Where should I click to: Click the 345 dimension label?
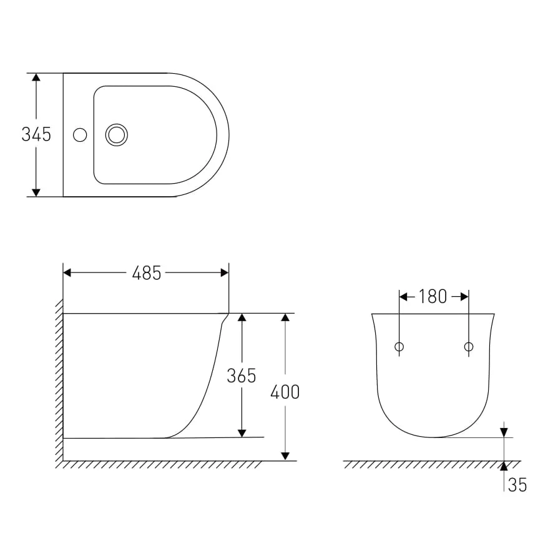tap(36, 134)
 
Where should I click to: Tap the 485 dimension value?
tap(147, 273)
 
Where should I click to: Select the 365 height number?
tap(242, 376)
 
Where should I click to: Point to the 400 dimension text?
tap(285, 392)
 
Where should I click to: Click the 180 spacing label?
tap(433, 296)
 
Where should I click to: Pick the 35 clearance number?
tap(517, 484)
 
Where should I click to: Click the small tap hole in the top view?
tap(80, 135)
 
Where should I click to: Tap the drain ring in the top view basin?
tap(116, 135)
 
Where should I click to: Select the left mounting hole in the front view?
tap(399, 346)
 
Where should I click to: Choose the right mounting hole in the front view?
tap(469, 346)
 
